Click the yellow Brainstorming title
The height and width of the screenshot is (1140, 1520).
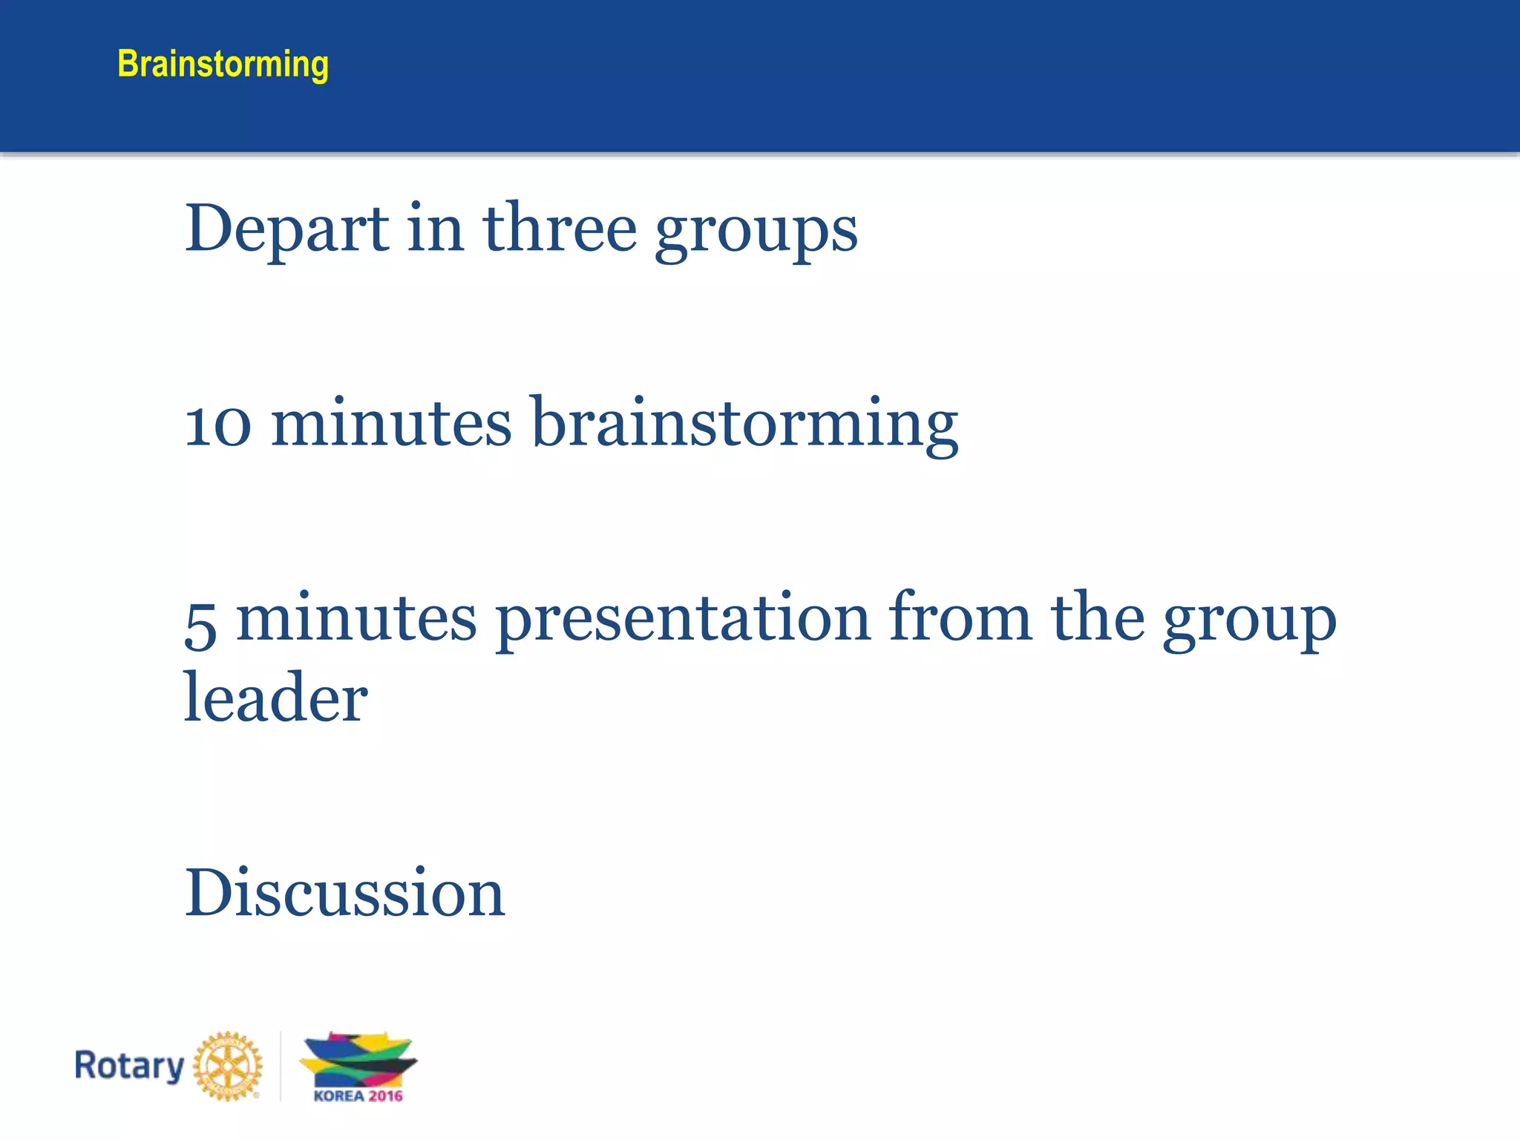pyautogui.click(x=223, y=64)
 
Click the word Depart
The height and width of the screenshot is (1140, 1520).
pyautogui.click(x=286, y=229)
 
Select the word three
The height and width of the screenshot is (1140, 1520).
pyautogui.click(x=560, y=229)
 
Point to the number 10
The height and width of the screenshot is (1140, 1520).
pyautogui.click(x=217, y=425)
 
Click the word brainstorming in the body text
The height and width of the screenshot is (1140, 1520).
pyautogui.click(x=745, y=425)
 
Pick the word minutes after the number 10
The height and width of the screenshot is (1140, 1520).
pyautogui.click(x=391, y=425)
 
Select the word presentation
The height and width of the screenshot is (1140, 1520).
pyautogui.click(x=683, y=620)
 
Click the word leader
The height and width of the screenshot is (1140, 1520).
pyautogui.click(x=275, y=698)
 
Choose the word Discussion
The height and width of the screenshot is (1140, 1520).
pyautogui.click(x=344, y=893)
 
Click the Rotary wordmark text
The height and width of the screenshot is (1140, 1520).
pyautogui.click(x=129, y=1066)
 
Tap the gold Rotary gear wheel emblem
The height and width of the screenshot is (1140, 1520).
pyautogui.click(x=228, y=1066)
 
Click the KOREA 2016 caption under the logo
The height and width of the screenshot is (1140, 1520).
pyautogui.click(x=358, y=1096)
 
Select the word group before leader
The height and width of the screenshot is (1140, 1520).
pyautogui.click(x=1249, y=622)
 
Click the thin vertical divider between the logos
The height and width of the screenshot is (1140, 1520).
pyautogui.click(x=281, y=1066)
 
